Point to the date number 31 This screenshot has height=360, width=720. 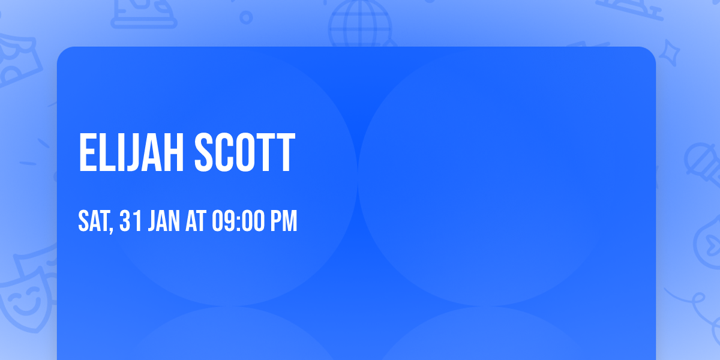pyautogui.click(x=131, y=221)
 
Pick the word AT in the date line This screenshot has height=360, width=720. pyautogui.click(x=196, y=221)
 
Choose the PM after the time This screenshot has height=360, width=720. pyautogui.click(x=283, y=221)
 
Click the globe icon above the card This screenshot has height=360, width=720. pyautogui.click(x=359, y=23)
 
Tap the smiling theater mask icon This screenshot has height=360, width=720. pyautogui.click(x=24, y=297)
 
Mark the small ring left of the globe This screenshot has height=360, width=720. pyautogui.click(x=247, y=17)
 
